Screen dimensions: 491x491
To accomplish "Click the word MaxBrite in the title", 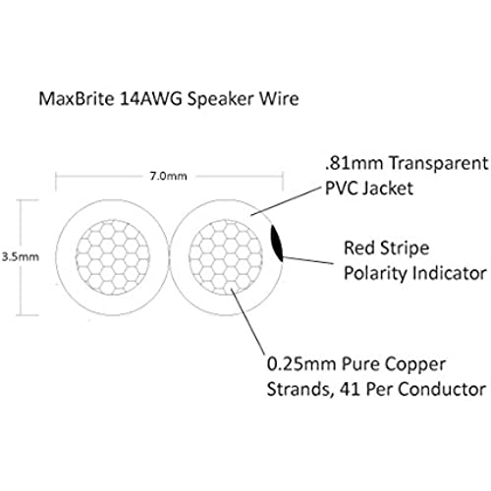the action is [77, 98].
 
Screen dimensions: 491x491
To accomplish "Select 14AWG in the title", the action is [150, 98].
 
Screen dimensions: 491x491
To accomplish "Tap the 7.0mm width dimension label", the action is [168, 176].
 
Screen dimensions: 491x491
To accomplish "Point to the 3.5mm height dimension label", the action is [21, 256].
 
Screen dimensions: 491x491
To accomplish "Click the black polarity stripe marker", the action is [277, 244].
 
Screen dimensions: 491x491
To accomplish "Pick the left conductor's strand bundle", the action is [113, 257].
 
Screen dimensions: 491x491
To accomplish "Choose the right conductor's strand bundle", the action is [226, 257].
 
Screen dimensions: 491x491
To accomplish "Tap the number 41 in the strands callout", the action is [351, 390].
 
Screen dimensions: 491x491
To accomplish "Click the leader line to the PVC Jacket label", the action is [285, 202].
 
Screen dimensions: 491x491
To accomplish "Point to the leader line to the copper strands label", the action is [247, 321].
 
